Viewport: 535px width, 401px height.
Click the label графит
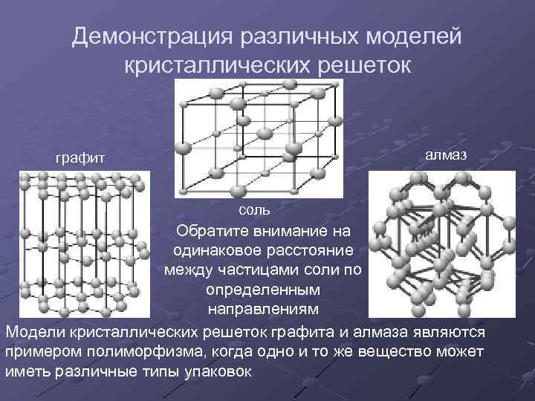[81, 157]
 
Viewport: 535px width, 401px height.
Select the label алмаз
[447, 153]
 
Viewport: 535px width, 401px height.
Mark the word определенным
[264, 287]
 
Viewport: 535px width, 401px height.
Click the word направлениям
[264, 307]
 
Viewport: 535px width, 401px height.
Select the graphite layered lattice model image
[82, 241]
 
